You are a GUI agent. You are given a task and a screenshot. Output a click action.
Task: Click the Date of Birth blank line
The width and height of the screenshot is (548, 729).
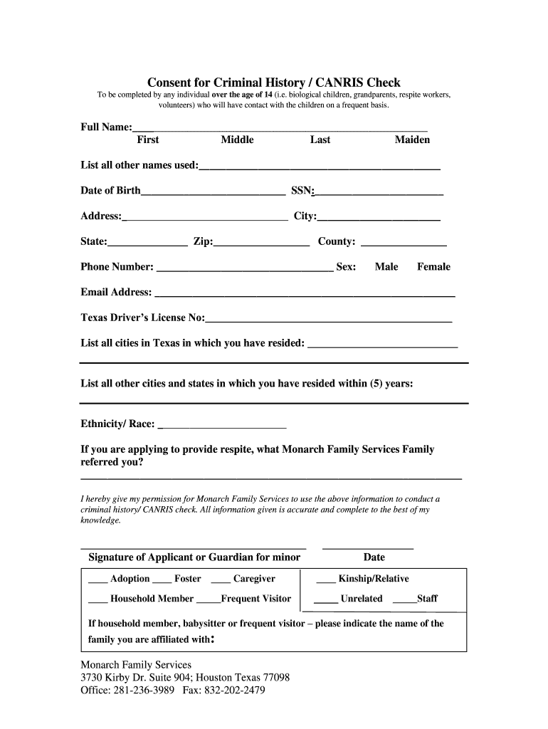tap(213, 193)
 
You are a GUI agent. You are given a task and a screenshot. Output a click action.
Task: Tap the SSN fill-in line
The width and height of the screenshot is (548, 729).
tap(379, 193)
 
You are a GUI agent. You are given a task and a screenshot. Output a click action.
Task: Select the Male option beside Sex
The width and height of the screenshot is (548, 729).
tap(386, 267)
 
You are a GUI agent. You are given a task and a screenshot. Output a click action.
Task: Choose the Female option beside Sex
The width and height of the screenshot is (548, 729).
tap(433, 267)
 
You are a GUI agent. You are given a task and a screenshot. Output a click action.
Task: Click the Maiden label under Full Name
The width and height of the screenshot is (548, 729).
tap(412, 140)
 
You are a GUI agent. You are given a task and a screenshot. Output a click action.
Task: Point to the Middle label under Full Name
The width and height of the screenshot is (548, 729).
tap(237, 140)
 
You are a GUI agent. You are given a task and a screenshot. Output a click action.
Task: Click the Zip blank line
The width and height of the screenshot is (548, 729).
tap(261, 244)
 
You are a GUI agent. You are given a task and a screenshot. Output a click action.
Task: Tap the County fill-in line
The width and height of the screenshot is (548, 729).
tap(404, 244)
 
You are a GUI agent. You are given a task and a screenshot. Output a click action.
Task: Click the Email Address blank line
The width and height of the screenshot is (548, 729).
tap(305, 295)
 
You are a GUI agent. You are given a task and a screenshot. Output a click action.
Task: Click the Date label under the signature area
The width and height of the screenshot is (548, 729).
tap(374, 557)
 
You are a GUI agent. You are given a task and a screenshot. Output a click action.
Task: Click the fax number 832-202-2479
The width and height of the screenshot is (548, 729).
tap(236, 691)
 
